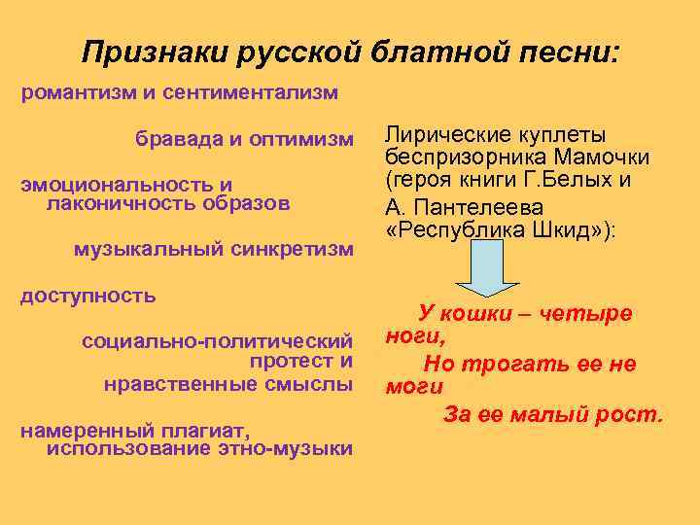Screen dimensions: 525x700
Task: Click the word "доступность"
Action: click(x=88, y=296)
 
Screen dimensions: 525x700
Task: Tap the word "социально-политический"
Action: click(x=217, y=341)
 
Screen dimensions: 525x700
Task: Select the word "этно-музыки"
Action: click(x=290, y=447)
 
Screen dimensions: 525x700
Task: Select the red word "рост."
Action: click(x=632, y=415)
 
